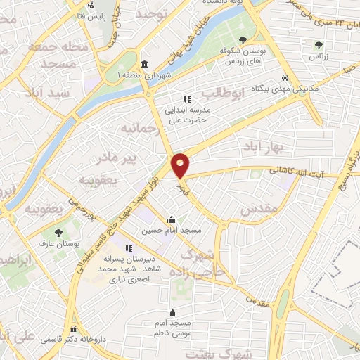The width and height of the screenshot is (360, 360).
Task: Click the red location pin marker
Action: (x=181, y=165)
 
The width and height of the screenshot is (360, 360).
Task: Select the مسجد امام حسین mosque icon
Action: (x=172, y=219)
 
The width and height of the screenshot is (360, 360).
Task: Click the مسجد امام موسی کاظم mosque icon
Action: (x=172, y=314)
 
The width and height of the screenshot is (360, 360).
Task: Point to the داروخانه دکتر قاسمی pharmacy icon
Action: (x=72, y=329)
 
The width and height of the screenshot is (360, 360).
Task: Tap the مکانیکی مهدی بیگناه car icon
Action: (x=284, y=77)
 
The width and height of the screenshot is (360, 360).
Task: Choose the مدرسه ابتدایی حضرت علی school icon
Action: (x=186, y=99)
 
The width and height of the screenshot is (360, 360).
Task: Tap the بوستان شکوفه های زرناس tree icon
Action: (x=243, y=40)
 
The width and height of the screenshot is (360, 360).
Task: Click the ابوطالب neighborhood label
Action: (x=221, y=92)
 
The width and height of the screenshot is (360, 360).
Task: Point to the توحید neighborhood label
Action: (x=154, y=15)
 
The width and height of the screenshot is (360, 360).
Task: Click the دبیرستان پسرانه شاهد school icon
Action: (x=129, y=249)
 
